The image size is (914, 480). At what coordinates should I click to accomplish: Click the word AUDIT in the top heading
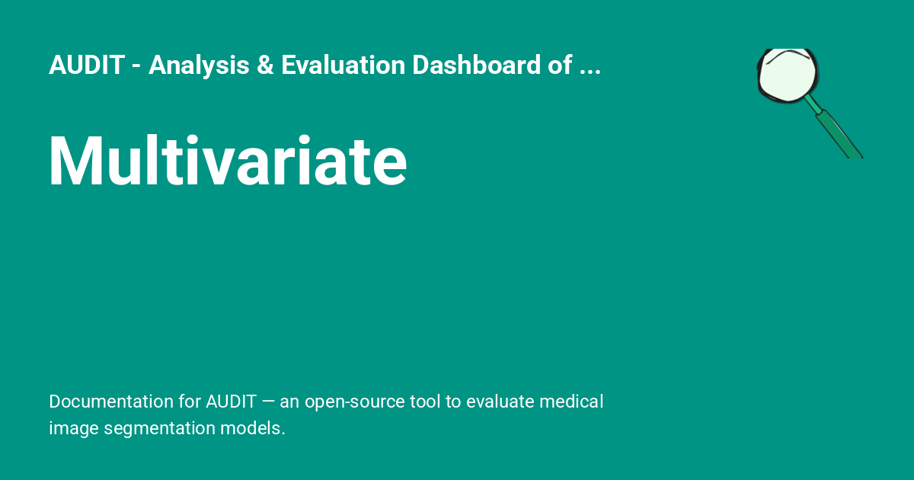86,66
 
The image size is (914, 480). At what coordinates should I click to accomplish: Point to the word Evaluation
343,66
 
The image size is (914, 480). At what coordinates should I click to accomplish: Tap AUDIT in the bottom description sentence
231,402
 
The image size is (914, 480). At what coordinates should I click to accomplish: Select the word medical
574,402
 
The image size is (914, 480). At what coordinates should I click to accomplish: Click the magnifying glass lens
788,75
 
